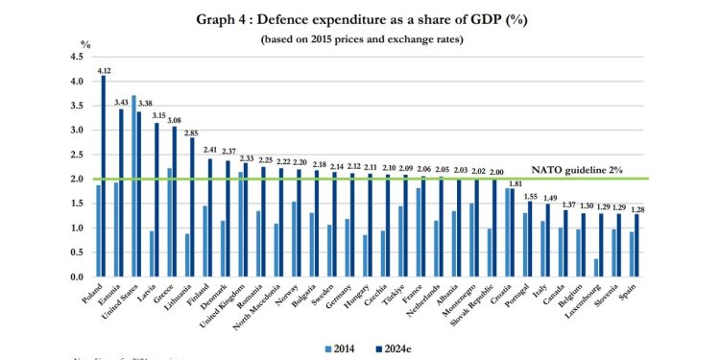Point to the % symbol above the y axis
tap(84, 43)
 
